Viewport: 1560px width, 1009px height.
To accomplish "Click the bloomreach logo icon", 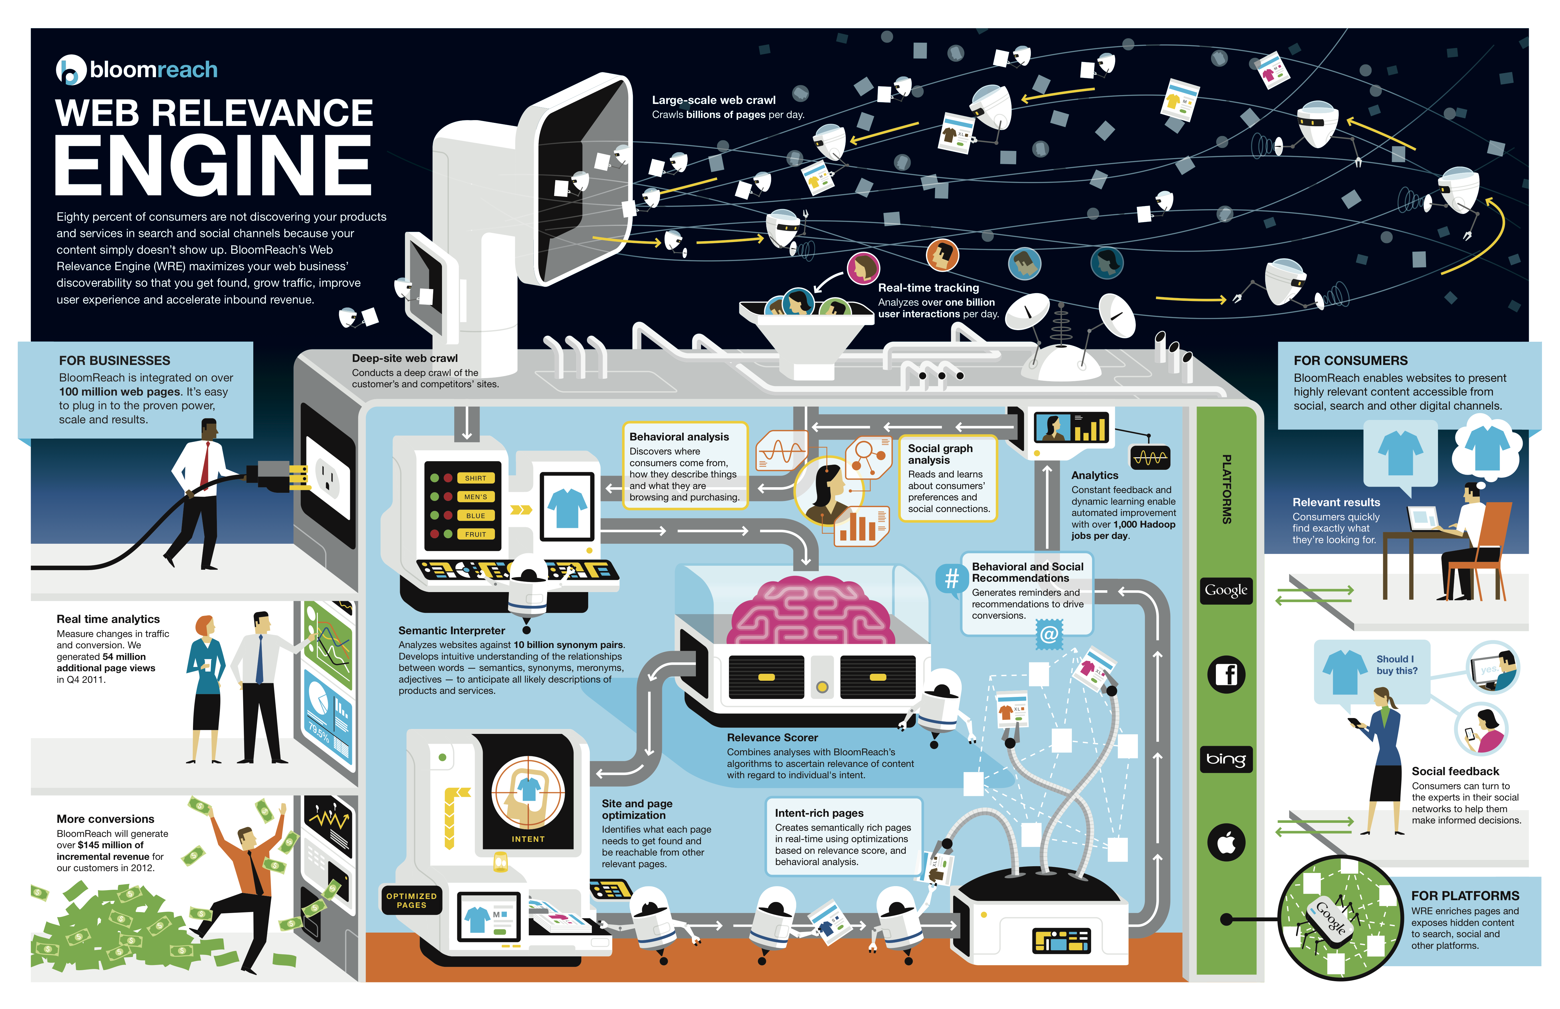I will pos(71,69).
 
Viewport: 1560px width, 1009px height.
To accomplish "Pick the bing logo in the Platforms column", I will pos(1226,759).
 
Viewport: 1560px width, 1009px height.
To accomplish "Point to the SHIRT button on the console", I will pos(475,478).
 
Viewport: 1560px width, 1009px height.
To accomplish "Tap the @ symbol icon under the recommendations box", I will pos(1049,634).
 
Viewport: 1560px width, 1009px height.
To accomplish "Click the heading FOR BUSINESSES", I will pos(115,360).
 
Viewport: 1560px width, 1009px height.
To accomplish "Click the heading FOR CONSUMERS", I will pos(1350,360).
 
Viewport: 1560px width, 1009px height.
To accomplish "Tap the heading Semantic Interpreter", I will pos(451,630).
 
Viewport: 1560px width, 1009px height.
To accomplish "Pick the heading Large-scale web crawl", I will pos(713,100).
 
